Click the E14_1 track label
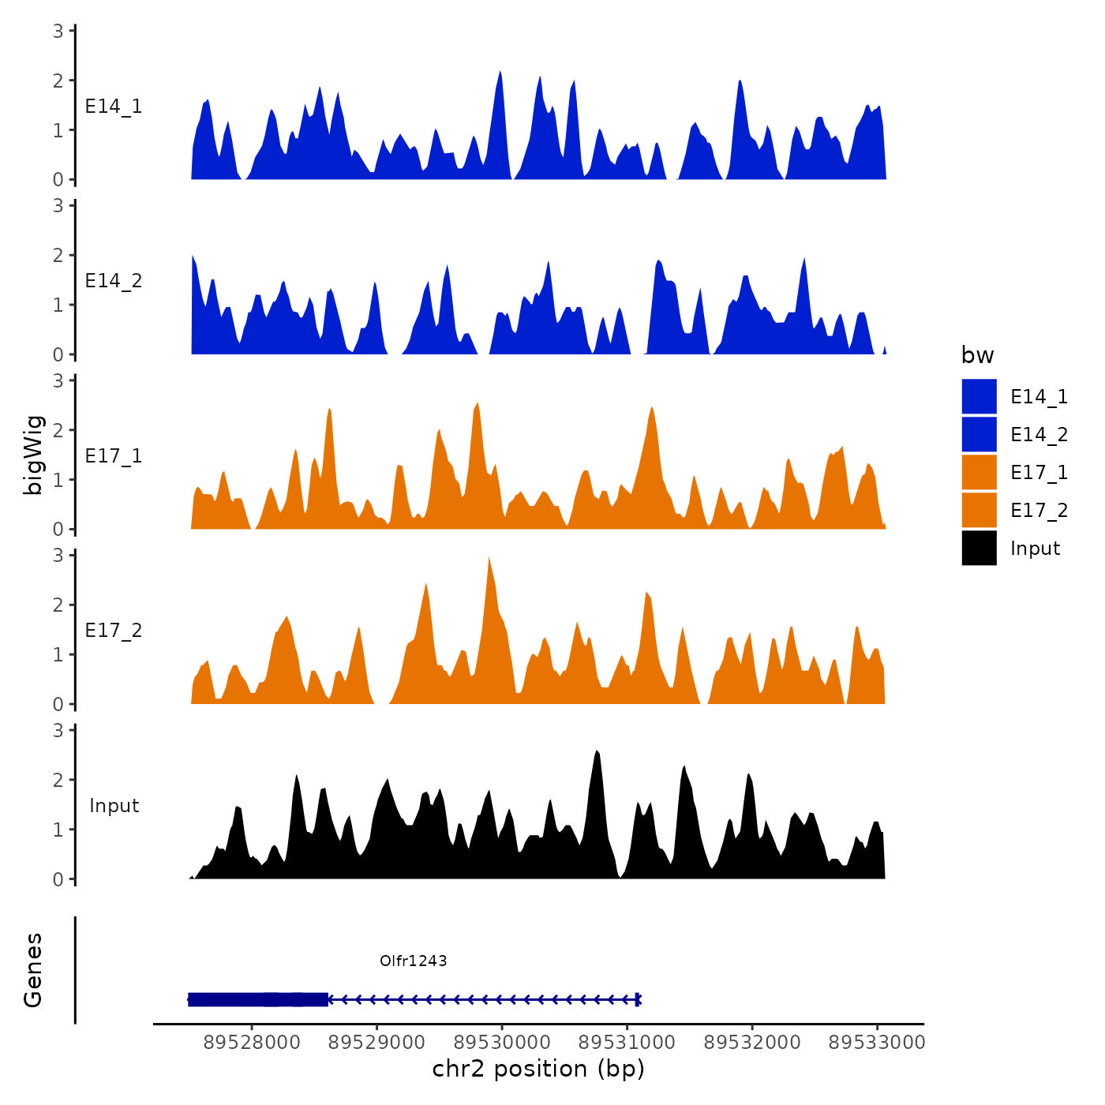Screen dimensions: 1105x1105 114,107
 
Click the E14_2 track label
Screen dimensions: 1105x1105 114,281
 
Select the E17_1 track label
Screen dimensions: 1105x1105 114,456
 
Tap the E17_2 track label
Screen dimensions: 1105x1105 114,631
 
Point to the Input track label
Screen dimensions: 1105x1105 114,806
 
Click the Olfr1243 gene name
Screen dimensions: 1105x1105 413,961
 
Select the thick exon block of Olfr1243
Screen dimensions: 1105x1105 258,999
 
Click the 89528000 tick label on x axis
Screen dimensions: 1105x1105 252,1042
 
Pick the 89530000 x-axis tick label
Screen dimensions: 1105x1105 502,1042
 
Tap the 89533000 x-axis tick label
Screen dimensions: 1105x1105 876,1042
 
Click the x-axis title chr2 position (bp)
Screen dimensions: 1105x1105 538,1069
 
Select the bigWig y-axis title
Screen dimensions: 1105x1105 33,455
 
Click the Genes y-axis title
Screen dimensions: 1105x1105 33,970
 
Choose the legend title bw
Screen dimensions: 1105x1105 977,355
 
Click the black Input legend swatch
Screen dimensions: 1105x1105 979,548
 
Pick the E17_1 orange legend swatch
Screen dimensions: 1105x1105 979,472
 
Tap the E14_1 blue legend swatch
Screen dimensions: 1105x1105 979,396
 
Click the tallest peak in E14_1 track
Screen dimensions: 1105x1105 500,73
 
